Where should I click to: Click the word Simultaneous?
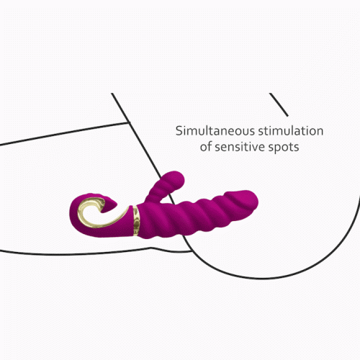[215, 131]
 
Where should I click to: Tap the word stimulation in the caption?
[291, 131]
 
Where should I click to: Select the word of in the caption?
[206, 147]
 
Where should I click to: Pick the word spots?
[284, 148]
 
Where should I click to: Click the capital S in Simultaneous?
[179, 131]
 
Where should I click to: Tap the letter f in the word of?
[210, 146]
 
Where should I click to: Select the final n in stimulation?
[320, 132]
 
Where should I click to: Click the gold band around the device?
[136, 220]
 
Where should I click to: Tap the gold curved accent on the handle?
[101, 214]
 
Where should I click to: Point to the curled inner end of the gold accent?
[103, 203]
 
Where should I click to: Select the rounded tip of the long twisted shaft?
[253, 199]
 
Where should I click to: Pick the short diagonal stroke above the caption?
[279, 104]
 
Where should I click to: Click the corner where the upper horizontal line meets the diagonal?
[127, 123]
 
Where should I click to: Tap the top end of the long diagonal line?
[112, 94]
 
